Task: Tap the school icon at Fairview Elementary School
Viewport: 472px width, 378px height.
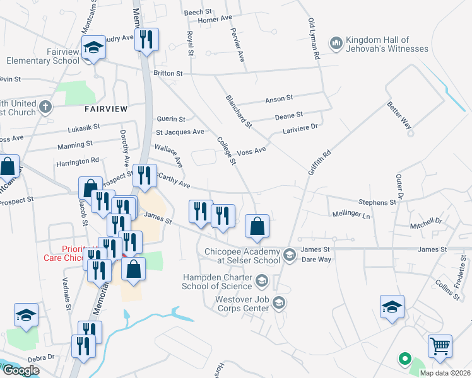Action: pyautogui.click(x=93, y=48)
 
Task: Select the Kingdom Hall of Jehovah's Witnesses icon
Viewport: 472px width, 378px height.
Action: pyautogui.click(x=336, y=43)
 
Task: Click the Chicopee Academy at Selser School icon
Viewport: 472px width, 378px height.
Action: pyautogui.click(x=290, y=255)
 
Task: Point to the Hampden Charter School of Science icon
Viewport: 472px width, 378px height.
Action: pyautogui.click(x=261, y=280)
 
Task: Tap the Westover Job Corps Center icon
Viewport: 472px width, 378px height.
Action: pyautogui.click(x=278, y=304)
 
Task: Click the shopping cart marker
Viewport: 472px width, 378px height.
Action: pyautogui.click(x=440, y=345)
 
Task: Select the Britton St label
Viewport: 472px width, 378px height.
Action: pyautogui.click(x=168, y=74)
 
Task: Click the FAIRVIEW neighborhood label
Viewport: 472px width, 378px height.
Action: pyautogui.click(x=106, y=109)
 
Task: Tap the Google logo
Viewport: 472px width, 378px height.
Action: pyautogui.click(x=21, y=370)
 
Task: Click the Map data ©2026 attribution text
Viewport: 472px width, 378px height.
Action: pyautogui.click(x=444, y=373)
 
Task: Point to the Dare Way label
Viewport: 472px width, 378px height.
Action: pyautogui.click(x=317, y=259)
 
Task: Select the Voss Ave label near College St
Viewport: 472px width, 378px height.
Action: pyautogui.click(x=251, y=152)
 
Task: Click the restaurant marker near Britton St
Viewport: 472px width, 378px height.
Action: pyautogui.click(x=146, y=40)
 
